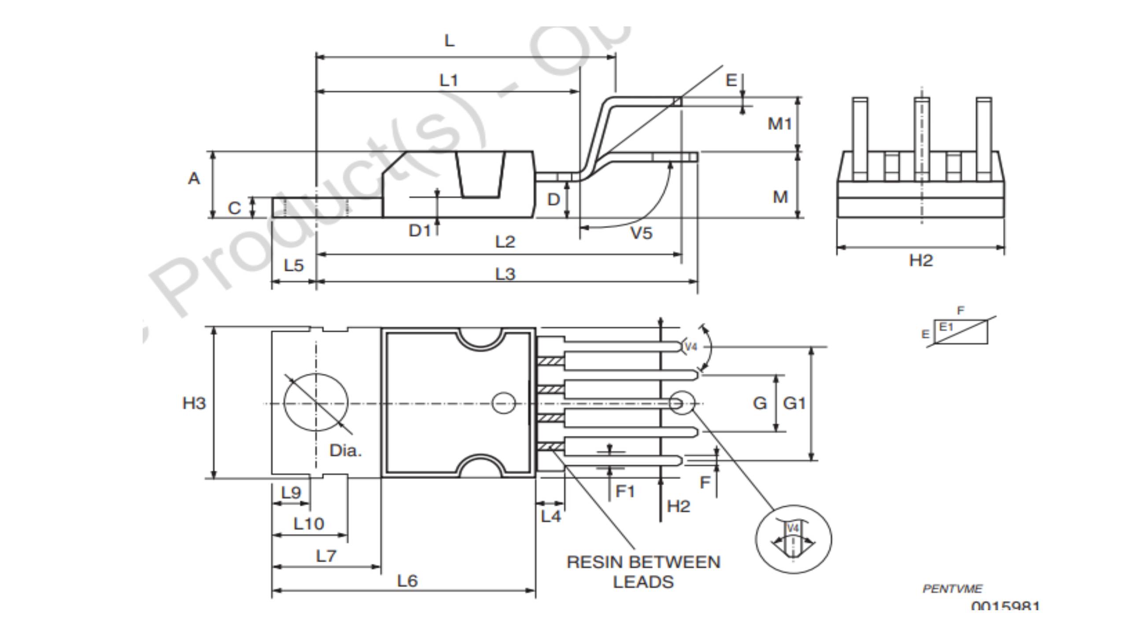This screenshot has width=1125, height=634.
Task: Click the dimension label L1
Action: [x=449, y=81]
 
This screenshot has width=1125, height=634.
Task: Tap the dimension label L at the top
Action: [x=449, y=41]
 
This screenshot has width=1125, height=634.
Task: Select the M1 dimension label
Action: [x=779, y=124]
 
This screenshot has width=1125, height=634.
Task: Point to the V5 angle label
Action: [x=641, y=233]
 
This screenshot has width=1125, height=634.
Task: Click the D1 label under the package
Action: [x=419, y=230]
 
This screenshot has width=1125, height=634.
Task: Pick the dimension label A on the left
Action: [x=194, y=179]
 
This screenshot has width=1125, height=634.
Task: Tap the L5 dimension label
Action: [x=294, y=265]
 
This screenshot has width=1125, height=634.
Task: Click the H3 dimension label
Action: [x=194, y=403]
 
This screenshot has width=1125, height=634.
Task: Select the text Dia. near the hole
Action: [x=345, y=450]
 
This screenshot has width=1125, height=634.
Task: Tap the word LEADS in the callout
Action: [x=643, y=582]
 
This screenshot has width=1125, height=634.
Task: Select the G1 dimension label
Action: [x=794, y=403]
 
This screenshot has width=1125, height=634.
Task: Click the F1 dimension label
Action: [x=625, y=491]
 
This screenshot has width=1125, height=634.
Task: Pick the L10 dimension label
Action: [x=308, y=524]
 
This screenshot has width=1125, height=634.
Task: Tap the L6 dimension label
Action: [x=407, y=581]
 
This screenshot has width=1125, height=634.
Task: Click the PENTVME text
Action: [x=952, y=589]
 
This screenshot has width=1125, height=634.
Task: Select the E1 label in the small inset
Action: [x=946, y=327]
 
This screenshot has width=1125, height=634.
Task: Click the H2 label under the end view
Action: [x=921, y=261]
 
